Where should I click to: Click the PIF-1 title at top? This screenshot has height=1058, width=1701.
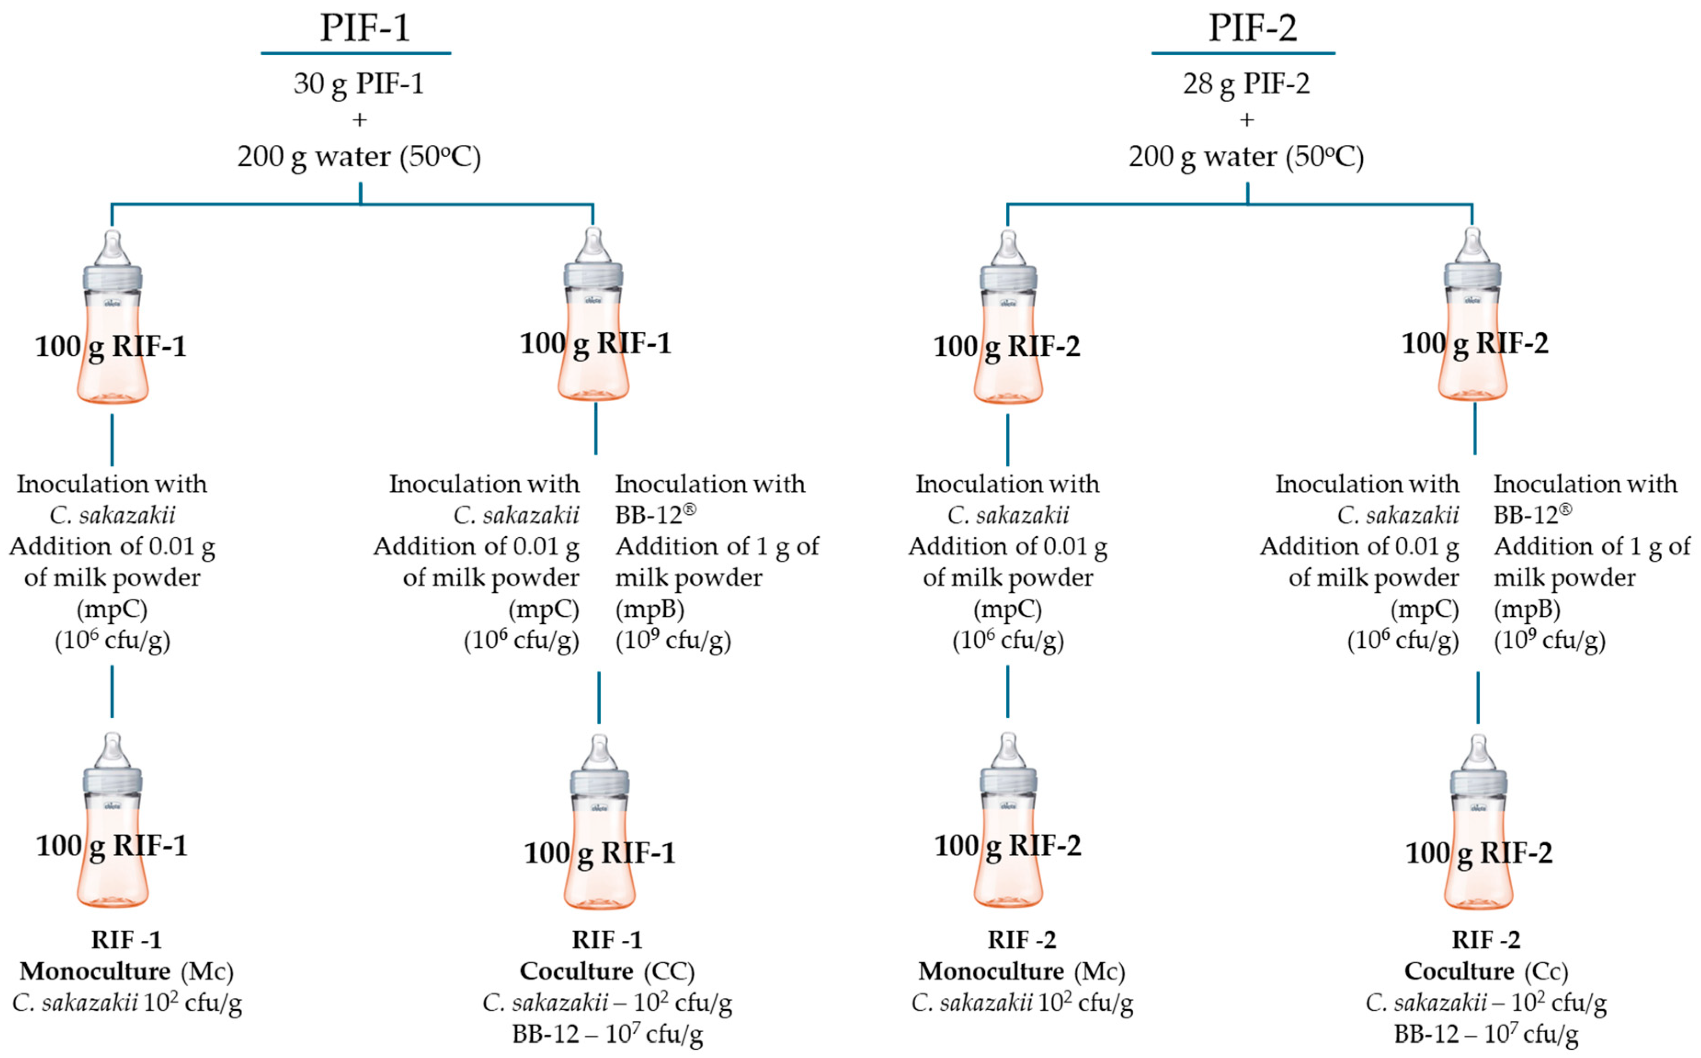click(365, 28)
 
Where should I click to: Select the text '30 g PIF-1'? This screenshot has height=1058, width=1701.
click(358, 84)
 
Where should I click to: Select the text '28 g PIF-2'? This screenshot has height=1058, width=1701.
click(1246, 84)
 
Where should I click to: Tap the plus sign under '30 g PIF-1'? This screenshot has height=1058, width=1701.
click(360, 120)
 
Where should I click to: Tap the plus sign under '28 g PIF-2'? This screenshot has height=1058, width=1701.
click(1247, 120)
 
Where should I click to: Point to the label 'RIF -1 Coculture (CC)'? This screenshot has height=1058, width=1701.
click(607, 956)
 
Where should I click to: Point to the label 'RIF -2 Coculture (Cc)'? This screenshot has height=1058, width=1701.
click(1486, 956)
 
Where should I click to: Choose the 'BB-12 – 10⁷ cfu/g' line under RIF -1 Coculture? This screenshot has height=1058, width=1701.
click(607, 1034)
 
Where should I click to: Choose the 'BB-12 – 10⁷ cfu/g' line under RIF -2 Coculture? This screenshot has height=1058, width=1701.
click(1486, 1034)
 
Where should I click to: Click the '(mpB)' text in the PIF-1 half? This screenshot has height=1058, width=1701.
click(649, 609)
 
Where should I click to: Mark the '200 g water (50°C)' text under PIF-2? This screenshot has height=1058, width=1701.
click(1246, 157)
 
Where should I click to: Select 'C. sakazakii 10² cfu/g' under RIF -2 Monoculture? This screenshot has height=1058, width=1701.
click(1022, 1003)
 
